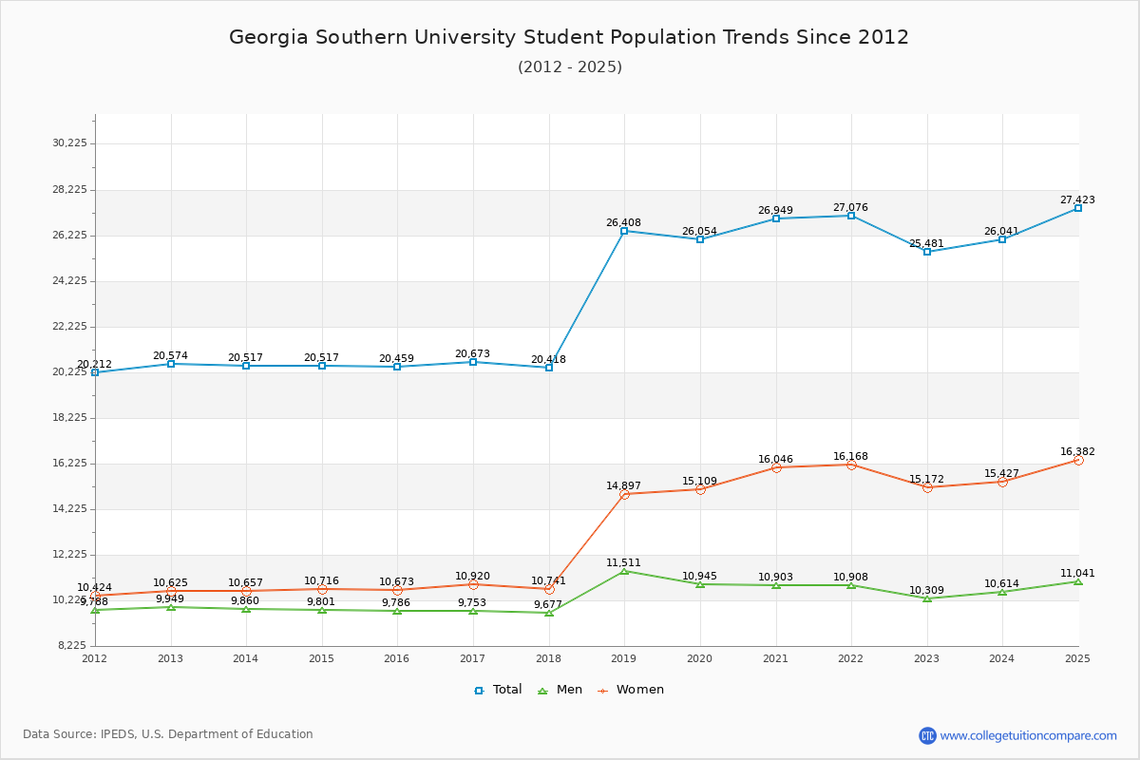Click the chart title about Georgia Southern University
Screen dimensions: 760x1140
pyautogui.click(x=569, y=37)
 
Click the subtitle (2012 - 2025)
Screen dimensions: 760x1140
pyautogui.click(x=569, y=66)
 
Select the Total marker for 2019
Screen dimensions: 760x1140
pyautogui.click(x=624, y=231)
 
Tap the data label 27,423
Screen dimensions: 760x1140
pyautogui.click(x=1077, y=199)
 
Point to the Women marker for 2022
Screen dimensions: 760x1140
pyautogui.click(x=851, y=465)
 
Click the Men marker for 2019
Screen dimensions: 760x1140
pyautogui.click(x=624, y=571)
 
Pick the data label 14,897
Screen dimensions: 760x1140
pyautogui.click(x=623, y=485)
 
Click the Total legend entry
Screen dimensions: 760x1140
pyautogui.click(x=498, y=690)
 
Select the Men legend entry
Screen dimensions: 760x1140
pyautogui.click(x=560, y=690)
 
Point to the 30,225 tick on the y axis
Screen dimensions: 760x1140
pyautogui.click(x=69, y=143)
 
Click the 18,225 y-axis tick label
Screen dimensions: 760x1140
pyautogui.click(x=69, y=417)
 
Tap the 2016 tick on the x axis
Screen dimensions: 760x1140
pyautogui.click(x=397, y=657)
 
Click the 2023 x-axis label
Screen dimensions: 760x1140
pyautogui.click(x=926, y=657)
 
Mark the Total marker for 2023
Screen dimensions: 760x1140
pyautogui.click(x=926, y=252)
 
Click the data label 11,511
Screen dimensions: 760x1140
pyautogui.click(x=623, y=562)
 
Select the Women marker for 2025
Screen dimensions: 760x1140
pyautogui.click(x=1078, y=460)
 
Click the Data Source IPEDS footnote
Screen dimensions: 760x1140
pyautogui.click(x=168, y=734)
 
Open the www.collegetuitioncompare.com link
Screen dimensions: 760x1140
pyautogui.click(x=1028, y=735)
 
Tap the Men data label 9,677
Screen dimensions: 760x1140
pyautogui.click(x=548, y=604)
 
